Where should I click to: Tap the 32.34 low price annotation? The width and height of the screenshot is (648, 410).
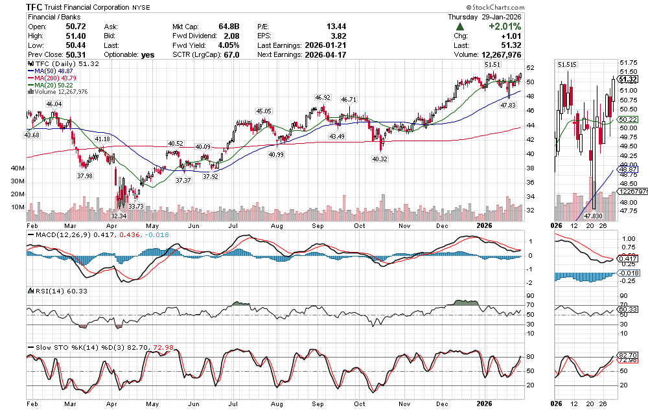click(119, 215)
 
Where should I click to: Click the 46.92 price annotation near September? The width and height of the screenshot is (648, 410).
click(323, 98)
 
